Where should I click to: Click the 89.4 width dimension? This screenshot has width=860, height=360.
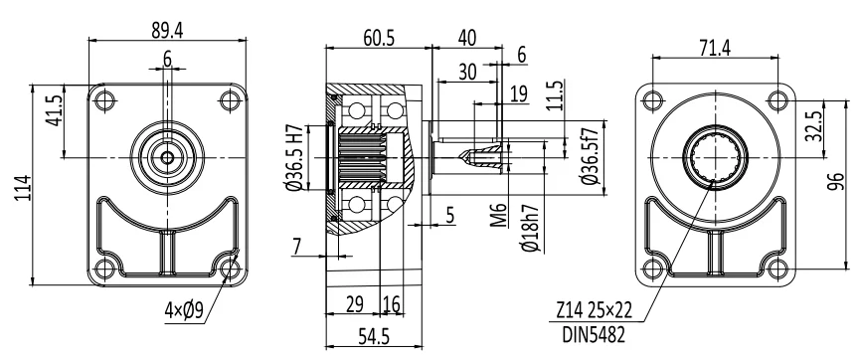coord(167,31)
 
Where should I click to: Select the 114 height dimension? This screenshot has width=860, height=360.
coord(22,187)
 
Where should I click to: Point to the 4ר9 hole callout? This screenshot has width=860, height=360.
coord(184,311)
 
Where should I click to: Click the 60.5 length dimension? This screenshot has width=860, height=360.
coord(379,38)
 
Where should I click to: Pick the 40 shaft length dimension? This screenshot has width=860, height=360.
coord(467,38)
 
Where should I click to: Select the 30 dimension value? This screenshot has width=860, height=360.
coord(467,72)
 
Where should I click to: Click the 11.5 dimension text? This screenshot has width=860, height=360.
coord(555,95)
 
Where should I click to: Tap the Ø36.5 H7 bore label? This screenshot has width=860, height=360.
coord(294,157)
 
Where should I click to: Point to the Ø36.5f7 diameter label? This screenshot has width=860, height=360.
coord(589,156)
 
